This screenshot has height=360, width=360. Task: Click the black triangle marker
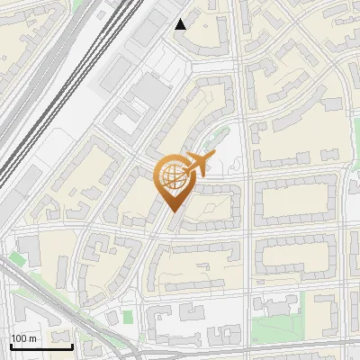click(x=181, y=24)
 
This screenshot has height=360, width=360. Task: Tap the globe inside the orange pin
click(x=175, y=178)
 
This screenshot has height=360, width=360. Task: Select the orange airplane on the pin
click(x=198, y=165)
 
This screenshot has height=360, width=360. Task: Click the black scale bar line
click(x=40, y=346)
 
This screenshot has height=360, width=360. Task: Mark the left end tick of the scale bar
click(x=10, y=345)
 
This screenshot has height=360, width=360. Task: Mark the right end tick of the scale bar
click(x=72, y=345)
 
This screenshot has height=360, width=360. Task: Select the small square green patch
click(x=128, y=317)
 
